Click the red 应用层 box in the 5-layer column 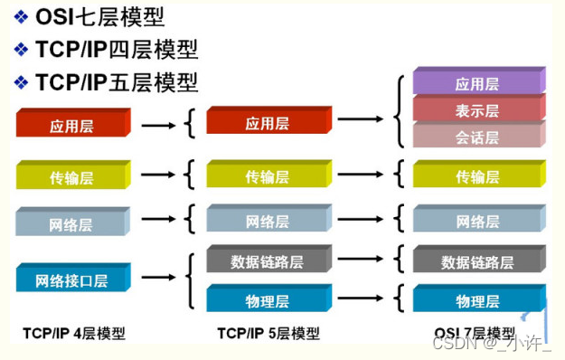pos(266,123)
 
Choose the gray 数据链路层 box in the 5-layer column pos(266,261)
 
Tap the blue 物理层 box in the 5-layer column pos(266,299)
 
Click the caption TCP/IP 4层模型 pos(74,334)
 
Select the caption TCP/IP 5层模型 pos(268,334)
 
